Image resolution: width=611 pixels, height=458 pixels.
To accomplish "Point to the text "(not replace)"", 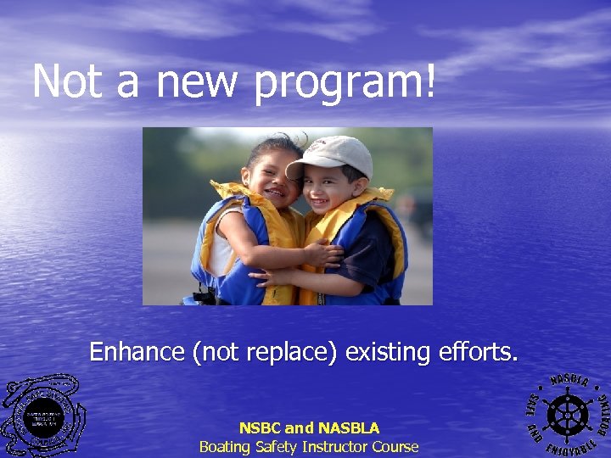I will (x=267, y=351).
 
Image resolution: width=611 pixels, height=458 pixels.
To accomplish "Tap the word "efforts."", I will (x=479, y=350).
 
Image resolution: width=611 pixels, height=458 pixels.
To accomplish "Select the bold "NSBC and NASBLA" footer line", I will (x=309, y=428).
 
